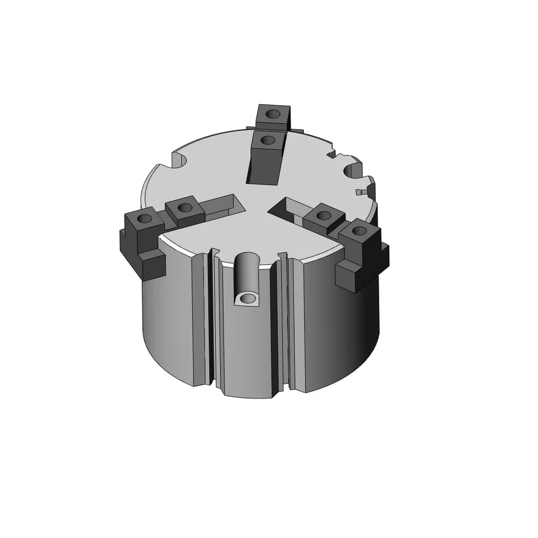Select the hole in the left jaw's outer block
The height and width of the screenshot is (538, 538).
pyautogui.click(x=144, y=220)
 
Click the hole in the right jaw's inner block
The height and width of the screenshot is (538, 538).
pyautogui.click(x=323, y=216)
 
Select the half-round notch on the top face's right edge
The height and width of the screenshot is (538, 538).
pyautogui.click(x=352, y=172)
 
